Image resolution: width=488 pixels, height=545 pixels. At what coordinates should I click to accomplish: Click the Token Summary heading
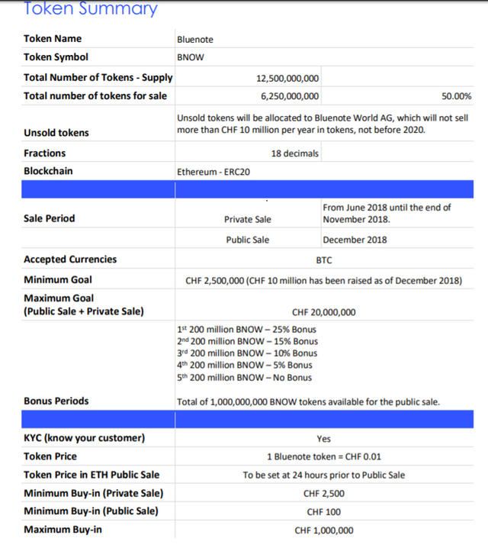91,9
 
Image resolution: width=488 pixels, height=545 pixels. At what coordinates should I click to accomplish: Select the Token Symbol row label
56,56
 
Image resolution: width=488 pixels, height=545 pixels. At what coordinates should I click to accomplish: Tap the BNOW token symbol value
190,57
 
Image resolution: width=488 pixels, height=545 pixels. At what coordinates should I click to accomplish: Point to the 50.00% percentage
456,96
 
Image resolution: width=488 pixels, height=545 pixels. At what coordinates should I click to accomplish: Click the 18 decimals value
295,153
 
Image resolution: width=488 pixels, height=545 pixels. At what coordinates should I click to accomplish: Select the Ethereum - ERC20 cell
213,172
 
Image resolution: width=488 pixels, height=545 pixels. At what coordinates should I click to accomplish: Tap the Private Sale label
247,219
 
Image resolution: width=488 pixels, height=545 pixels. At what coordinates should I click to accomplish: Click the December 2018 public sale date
355,240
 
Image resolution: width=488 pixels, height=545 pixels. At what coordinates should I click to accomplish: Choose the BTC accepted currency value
323,260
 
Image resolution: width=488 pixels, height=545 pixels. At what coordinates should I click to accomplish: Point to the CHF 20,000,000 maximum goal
323,312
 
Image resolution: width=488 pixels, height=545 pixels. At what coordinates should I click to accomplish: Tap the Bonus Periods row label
56,401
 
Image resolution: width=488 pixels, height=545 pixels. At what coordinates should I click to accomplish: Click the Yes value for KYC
323,439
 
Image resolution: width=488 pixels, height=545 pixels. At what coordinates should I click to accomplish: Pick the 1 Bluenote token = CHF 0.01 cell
323,456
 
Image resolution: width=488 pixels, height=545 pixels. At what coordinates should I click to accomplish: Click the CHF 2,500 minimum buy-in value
323,493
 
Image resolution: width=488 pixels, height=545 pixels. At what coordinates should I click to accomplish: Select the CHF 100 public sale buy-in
323,511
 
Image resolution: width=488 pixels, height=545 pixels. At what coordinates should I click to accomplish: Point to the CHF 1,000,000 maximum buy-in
323,530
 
